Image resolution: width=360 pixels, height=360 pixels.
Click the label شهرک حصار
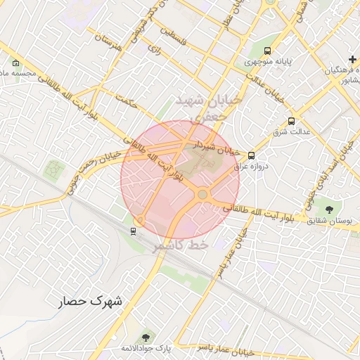tap(90, 301)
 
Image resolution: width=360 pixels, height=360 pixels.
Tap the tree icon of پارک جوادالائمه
tap(146, 339)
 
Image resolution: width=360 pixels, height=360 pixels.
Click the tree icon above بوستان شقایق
tap(330, 208)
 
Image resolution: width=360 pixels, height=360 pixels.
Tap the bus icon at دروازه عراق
tap(252, 157)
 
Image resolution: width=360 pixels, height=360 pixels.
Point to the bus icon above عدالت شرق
tap(292, 120)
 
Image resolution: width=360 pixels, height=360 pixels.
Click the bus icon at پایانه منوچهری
tap(267, 51)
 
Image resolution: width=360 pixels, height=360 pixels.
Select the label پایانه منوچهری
tap(267, 63)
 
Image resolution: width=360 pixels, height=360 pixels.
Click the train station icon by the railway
tap(134, 229)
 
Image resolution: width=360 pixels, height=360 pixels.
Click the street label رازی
tap(154, 48)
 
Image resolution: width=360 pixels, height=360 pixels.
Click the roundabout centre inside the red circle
tap(202, 194)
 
